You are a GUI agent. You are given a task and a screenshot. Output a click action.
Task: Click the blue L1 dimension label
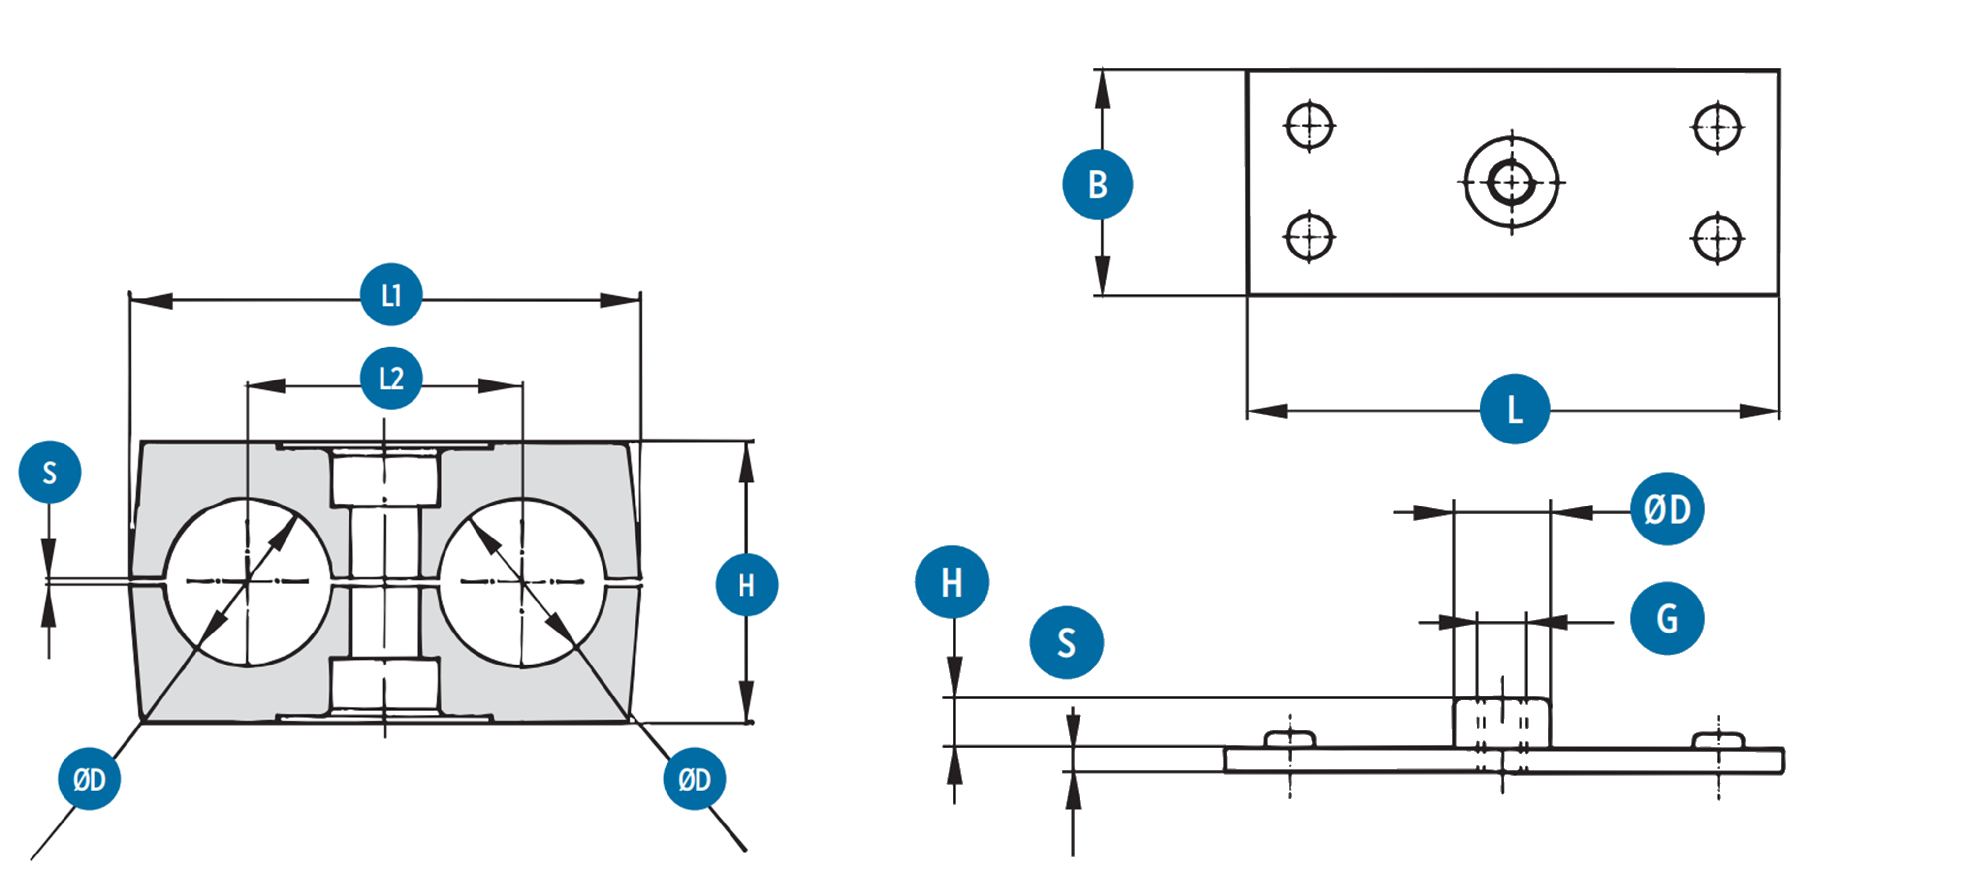390,294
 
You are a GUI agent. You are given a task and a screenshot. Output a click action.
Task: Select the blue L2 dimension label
390,378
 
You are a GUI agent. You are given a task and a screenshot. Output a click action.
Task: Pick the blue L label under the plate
1514,409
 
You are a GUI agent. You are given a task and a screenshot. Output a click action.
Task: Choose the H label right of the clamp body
746,585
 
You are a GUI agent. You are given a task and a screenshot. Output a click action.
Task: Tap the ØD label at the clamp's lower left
90,779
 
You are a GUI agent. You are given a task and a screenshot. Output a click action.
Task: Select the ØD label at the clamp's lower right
694,779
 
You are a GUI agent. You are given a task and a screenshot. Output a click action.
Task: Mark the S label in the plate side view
1066,642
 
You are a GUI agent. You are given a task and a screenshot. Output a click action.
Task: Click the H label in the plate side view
952,582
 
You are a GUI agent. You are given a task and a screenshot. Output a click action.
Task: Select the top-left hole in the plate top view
1309,126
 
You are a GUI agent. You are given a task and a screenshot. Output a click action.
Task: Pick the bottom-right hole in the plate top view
1717,238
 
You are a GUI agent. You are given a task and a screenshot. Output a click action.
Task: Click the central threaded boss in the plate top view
1511,182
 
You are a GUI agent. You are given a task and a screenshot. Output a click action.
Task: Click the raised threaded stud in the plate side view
1501,723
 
